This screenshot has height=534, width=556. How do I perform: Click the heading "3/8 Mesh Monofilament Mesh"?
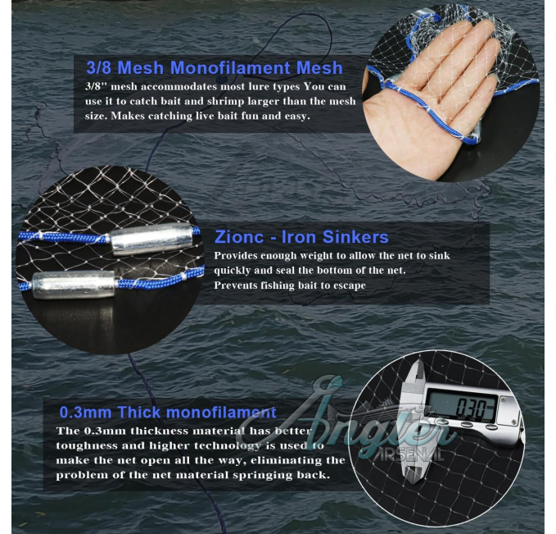coord(215,67)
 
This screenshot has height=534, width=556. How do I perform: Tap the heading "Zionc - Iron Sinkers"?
coord(302,237)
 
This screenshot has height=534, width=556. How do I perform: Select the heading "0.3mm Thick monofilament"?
coord(168,412)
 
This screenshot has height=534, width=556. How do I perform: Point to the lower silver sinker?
coord(74,285)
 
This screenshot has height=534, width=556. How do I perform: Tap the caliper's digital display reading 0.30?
coord(461,404)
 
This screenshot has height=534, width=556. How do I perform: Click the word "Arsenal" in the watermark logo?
coord(409,454)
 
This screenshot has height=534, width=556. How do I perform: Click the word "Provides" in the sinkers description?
coord(236,255)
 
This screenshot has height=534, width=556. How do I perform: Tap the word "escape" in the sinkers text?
coord(350,285)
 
